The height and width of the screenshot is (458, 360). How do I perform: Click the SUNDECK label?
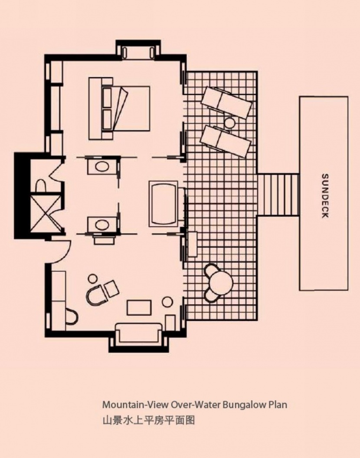(325, 196)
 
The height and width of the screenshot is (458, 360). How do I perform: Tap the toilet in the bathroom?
(40, 186)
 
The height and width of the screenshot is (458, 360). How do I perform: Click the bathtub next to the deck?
(164, 204)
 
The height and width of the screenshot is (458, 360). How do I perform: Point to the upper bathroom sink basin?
(102, 167)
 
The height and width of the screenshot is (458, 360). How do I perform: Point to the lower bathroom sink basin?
(102, 225)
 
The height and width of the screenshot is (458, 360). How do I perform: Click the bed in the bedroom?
(119, 109)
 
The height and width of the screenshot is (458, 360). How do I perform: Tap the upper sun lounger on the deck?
(226, 102)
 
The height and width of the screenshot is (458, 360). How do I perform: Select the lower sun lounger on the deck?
(225, 142)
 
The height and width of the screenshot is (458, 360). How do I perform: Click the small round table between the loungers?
(229, 123)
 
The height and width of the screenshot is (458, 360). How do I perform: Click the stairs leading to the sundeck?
(278, 195)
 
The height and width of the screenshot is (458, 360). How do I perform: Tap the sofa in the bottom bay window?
(139, 333)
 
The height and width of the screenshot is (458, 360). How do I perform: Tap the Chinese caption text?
(148, 421)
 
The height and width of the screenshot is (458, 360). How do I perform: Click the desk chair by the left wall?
(72, 316)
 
